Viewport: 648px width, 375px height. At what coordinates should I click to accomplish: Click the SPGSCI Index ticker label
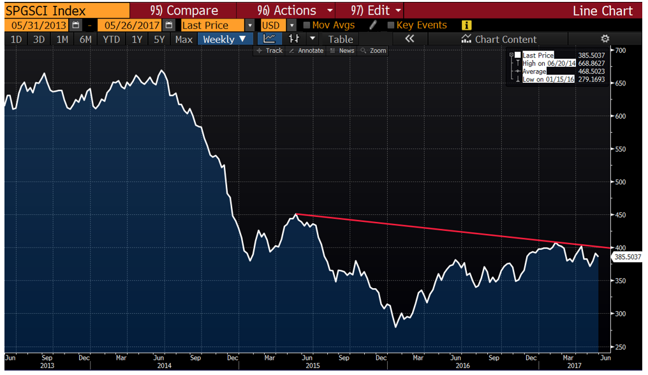[45, 11]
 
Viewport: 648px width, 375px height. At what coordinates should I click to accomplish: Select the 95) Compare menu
[184, 11]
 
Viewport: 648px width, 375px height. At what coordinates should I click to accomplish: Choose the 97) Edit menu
[376, 11]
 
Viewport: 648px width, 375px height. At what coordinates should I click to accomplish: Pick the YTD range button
[111, 39]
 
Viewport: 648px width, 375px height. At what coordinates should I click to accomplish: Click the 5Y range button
[159, 39]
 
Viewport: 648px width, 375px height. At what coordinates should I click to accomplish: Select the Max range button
[184, 39]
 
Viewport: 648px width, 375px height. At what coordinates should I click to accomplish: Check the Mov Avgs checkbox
[307, 26]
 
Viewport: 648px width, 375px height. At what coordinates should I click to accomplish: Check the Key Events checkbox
[391, 26]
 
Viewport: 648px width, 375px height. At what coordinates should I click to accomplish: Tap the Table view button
[341, 39]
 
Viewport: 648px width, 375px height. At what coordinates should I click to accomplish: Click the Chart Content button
[499, 39]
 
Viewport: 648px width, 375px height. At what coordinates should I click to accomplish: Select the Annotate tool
[307, 50]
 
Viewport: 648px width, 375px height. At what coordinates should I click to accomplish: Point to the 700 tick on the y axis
[621, 50]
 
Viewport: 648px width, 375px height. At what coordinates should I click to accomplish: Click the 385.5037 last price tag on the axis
[627, 257]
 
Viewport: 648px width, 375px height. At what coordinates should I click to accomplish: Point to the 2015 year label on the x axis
[313, 366]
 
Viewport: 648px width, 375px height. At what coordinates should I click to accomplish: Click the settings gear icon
[605, 39]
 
